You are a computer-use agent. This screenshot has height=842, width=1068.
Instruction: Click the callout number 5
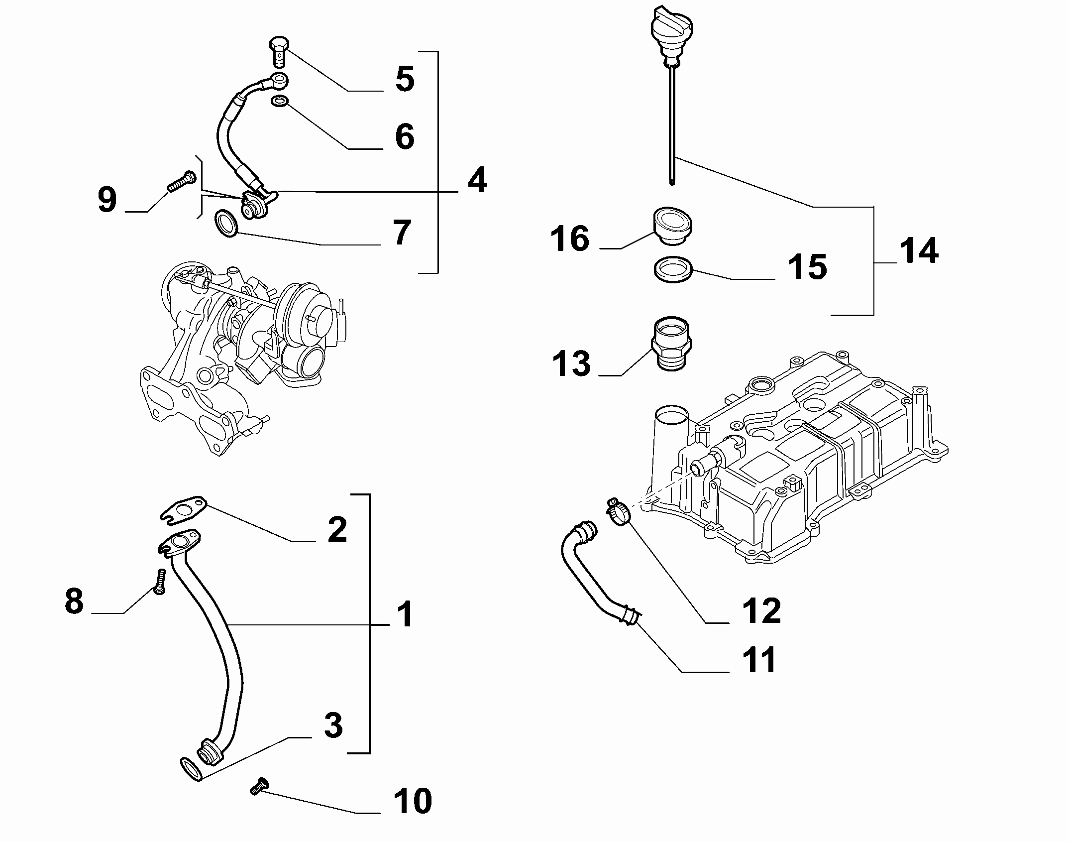[405, 78]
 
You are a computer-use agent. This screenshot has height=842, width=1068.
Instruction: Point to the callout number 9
[107, 200]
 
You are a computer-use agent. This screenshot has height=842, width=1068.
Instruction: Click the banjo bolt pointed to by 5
[279, 50]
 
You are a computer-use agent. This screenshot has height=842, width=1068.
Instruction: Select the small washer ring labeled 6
[280, 102]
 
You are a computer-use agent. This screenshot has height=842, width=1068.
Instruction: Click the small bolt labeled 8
[159, 582]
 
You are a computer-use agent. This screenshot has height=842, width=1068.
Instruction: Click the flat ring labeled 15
[672, 269]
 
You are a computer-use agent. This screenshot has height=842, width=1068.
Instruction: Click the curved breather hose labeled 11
[587, 578]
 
